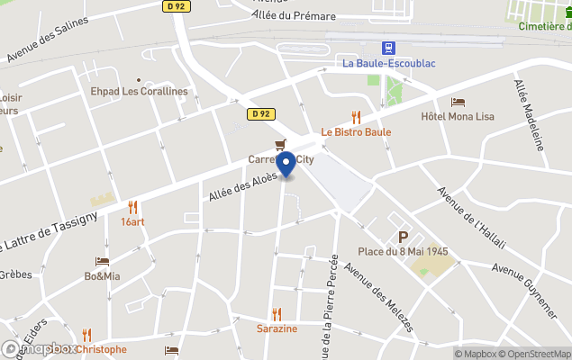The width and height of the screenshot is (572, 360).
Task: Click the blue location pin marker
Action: (x=286, y=165)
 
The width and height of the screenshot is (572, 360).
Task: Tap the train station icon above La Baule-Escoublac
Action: (x=388, y=48)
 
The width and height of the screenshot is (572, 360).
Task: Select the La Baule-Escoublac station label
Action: (x=388, y=63)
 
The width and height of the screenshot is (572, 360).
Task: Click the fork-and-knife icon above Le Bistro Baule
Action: (x=356, y=117)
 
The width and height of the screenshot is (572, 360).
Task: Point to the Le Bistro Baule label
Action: (x=356, y=132)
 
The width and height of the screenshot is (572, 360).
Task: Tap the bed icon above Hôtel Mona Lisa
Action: (x=458, y=103)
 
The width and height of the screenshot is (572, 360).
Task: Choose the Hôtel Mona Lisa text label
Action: (x=458, y=117)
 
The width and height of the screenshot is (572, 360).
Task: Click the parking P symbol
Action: (x=403, y=237)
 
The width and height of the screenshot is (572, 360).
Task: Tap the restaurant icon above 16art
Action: (x=132, y=207)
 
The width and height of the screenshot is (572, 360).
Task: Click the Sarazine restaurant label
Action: (x=277, y=328)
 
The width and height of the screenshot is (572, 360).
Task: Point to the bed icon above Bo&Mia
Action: (x=102, y=262)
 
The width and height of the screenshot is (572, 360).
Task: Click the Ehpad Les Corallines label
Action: (x=139, y=92)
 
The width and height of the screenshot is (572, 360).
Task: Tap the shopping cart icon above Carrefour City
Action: (x=281, y=145)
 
